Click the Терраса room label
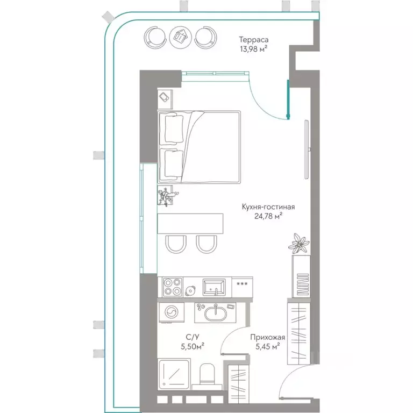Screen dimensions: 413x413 click(x=254, y=40)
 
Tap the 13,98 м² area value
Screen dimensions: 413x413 click(x=254, y=49)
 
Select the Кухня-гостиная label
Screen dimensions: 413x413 click(x=268, y=206)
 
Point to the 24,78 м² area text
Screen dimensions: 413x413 click(x=268, y=216)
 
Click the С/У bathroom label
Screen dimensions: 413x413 click(x=193, y=337)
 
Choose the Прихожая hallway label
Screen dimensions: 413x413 click(x=268, y=337)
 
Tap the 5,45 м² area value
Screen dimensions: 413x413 click(x=268, y=346)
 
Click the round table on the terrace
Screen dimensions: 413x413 click(x=181, y=37)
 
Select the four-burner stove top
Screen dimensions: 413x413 click(x=173, y=287)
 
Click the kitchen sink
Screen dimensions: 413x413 click(x=214, y=287)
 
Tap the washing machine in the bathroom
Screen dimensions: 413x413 click(x=172, y=312)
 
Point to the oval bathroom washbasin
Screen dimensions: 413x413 click(x=216, y=313)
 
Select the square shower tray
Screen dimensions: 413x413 click(x=174, y=374)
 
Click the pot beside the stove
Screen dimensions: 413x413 click(x=190, y=290)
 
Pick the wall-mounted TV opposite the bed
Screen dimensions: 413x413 click(x=307, y=149)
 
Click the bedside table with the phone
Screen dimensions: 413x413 click(x=165, y=99)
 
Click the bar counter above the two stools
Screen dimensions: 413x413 click(x=190, y=223)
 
